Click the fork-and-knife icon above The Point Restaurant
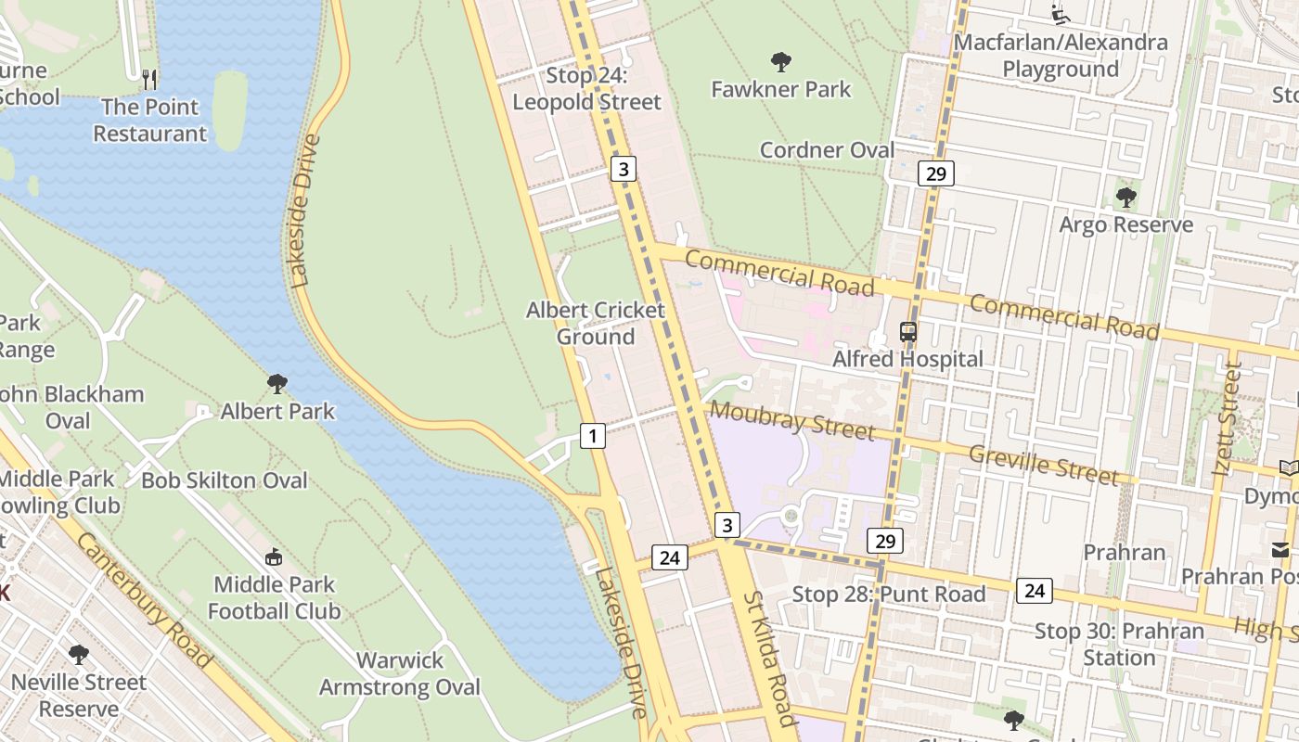(149, 79)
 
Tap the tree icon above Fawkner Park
(781, 62)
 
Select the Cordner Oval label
(827, 150)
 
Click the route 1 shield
(593, 435)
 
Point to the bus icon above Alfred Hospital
(908, 331)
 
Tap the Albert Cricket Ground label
(596, 323)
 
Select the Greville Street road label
(1043, 464)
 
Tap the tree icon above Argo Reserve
(1126, 198)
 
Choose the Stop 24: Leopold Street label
(586, 88)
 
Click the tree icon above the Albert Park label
(277, 384)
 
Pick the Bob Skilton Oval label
(224, 480)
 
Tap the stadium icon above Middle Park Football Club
(274, 557)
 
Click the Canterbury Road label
(144, 599)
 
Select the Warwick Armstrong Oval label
(400, 673)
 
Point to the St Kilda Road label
(769, 658)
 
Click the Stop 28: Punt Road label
(888, 594)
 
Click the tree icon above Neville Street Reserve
(79, 655)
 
